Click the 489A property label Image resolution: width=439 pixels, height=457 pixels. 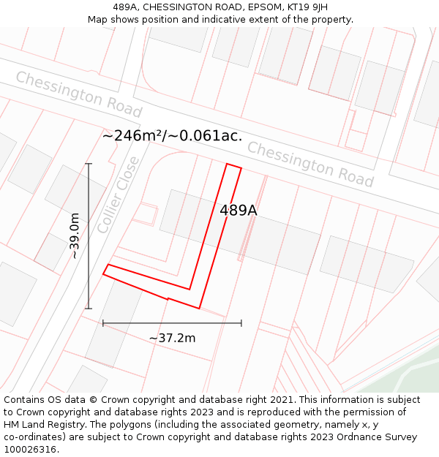pos(239,211)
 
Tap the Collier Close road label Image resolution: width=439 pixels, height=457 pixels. pos(117,195)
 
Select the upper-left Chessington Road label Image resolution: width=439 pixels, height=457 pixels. pos(78,94)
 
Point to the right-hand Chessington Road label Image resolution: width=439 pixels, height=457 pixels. pos(310,165)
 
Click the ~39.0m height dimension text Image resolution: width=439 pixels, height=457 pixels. pos(75,235)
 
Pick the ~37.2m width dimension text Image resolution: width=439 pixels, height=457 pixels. pos(172,338)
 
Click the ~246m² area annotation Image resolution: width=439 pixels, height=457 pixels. pos(172,135)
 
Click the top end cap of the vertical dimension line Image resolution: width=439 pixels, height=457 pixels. pos(89,164)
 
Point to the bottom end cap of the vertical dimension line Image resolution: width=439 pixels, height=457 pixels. pos(89,309)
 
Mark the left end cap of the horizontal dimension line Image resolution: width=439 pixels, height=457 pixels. pos(103,322)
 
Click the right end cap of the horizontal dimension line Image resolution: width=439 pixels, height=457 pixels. pos(241,322)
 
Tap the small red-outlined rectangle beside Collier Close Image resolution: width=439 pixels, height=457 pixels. pos(145,214)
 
